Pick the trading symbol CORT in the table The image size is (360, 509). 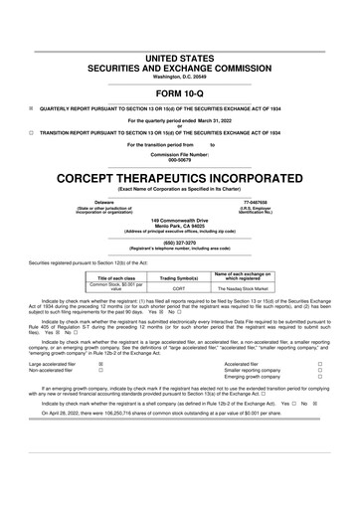pyautogui.click(x=180, y=289)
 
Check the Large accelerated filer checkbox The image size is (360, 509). pyautogui.click(x=101, y=365)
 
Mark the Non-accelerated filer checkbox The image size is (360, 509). pyautogui.click(x=101, y=372)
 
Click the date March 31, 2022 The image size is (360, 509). pyautogui.click(x=219, y=119)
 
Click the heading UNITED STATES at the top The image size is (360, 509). pyautogui.click(x=180, y=34)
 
